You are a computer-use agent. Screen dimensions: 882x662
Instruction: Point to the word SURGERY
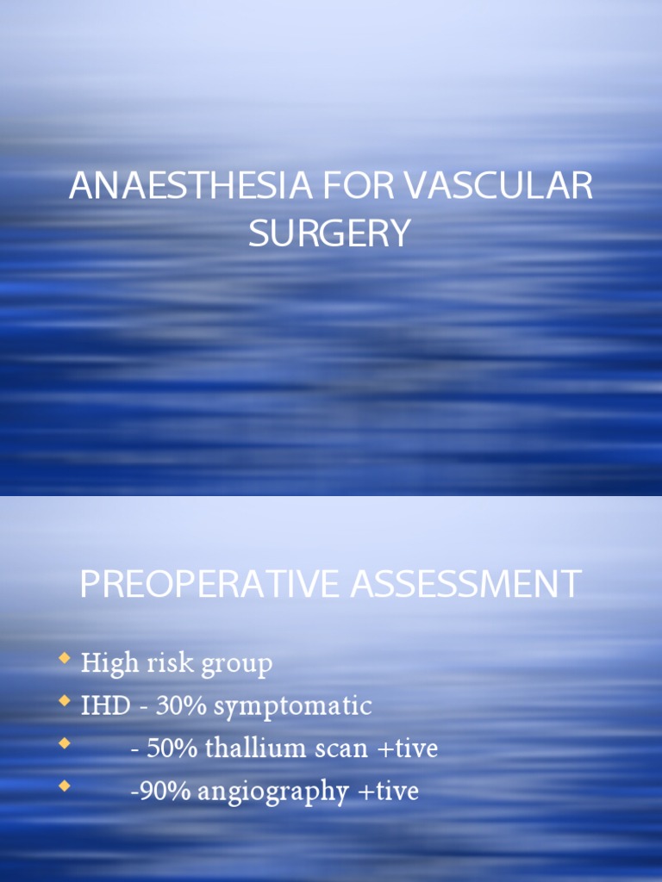[329, 233]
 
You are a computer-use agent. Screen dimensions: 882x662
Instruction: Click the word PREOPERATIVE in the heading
[209, 584]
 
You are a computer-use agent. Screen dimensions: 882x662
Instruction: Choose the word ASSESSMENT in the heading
[465, 584]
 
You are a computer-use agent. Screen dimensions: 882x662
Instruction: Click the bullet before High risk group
[64, 661]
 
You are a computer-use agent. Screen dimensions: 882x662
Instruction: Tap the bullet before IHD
[64, 703]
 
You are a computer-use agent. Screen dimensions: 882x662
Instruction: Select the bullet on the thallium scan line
[64, 745]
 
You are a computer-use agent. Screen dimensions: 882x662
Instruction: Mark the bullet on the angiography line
[64, 787]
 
